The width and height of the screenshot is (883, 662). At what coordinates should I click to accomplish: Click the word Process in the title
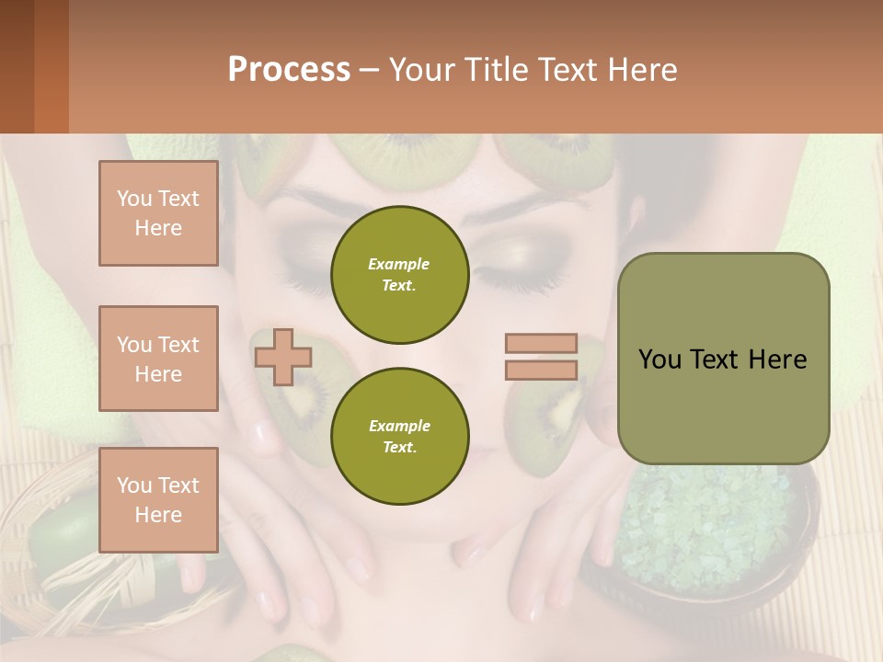289,70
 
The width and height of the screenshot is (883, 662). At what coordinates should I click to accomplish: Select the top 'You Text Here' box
158,213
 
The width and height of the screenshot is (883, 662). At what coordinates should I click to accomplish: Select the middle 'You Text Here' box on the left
158,359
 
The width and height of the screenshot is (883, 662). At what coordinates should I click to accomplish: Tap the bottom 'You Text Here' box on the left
158,499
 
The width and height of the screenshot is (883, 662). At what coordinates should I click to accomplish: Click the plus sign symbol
282,357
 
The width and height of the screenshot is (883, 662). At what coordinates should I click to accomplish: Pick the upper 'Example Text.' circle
399,274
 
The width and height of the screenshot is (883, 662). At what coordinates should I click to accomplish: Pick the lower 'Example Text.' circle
399,436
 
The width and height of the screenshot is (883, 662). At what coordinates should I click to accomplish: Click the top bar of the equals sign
541,343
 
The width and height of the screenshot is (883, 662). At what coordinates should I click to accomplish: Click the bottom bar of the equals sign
541,370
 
